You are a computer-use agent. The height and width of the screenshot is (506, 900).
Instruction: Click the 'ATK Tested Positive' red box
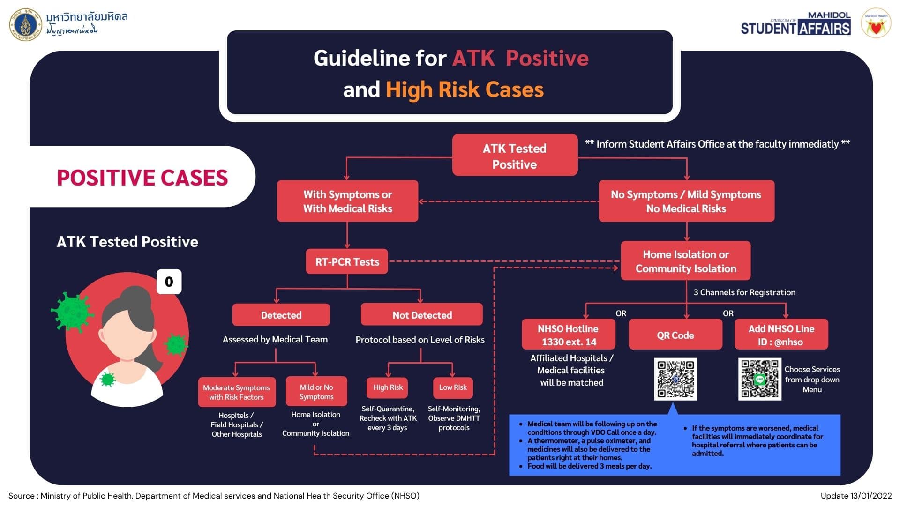[514, 156]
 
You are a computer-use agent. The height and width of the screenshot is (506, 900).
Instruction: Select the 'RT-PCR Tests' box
[347, 261]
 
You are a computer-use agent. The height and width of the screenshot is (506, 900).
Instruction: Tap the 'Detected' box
[281, 315]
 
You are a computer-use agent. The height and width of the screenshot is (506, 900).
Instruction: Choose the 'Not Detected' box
[421, 315]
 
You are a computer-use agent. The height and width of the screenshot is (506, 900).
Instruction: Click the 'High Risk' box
[388, 387]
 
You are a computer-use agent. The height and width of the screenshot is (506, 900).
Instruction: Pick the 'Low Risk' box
[453, 387]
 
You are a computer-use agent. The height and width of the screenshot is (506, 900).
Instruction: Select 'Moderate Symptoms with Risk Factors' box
[236, 392]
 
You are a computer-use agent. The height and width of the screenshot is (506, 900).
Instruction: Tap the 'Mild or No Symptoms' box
[316, 392]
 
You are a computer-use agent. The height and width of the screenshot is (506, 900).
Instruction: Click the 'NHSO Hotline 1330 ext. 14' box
[568, 335]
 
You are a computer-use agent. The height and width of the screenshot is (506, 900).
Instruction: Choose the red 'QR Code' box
[675, 335]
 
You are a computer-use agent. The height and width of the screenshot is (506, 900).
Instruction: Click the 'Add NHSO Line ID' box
[781, 335]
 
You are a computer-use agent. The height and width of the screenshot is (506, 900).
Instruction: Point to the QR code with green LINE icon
[759, 379]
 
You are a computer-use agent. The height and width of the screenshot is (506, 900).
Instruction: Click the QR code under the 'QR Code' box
[675, 379]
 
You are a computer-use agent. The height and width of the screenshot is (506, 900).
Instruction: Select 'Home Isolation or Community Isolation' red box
[685, 261]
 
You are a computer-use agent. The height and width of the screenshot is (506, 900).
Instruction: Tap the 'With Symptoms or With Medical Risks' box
[347, 201]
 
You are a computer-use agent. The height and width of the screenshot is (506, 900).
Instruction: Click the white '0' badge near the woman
[169, 282]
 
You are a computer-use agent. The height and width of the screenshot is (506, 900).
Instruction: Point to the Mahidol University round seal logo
[26, 24]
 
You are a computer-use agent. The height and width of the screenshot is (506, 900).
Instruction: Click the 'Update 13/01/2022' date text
[855, 496]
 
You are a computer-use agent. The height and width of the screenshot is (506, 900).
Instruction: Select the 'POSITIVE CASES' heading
[142, 178]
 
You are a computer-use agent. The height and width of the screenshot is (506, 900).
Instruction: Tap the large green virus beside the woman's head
[72, 312]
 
